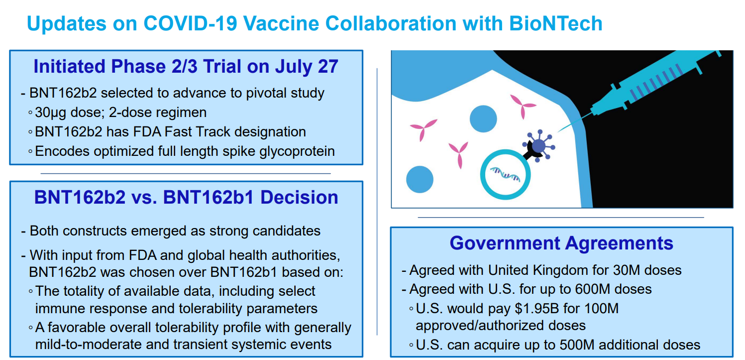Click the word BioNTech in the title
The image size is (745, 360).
[x=555, y=23]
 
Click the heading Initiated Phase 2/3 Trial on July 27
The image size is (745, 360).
[x=186, y=66]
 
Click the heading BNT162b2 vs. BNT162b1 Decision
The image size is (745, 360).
[x=186, y=197]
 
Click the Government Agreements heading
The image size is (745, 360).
[x=561, y=243]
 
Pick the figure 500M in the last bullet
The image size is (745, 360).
[x=577, y=345]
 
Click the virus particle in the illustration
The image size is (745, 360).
[x=539, y=146]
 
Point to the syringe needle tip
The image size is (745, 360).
[x=558, y=132]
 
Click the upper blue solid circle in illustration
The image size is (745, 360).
[x=483, y=119]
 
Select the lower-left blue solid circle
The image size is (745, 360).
[x=420, y=179]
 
